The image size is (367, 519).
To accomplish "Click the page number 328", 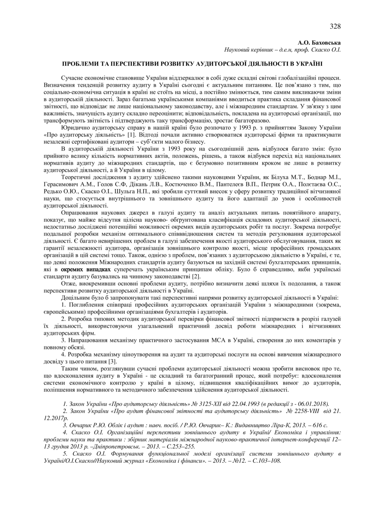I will click(335, 26).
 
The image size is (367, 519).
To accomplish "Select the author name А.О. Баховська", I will click(319, 43).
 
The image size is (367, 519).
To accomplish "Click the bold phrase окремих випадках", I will click(86, 270).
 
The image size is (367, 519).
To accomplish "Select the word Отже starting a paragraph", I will click(68, 284).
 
